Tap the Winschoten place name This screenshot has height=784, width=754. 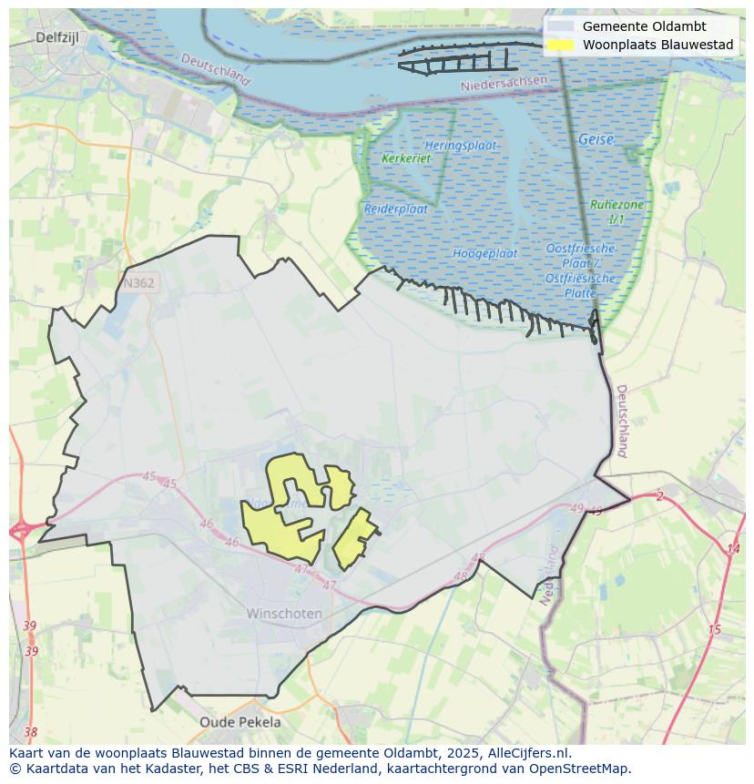tap(284, 614)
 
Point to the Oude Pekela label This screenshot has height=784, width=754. tap(240, 722)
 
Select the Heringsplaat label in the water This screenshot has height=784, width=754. tap(461, 145)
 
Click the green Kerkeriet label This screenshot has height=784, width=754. tap(406, 158)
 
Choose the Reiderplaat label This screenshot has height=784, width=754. tap(396, 209)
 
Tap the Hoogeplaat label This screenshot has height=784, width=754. tap(485, 253)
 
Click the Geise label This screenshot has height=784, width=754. tap(596, 139)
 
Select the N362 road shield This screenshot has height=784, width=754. tap(138, 283)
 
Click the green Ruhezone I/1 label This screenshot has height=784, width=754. tap(616, 212)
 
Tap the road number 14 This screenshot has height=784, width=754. tap(733, 549)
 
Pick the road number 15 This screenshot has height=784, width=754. tap(714, 630)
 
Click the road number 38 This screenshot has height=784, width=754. tap(31, 732)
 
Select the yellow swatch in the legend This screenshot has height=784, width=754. tap(561, 45)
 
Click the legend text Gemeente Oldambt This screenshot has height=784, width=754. tap(644, 26)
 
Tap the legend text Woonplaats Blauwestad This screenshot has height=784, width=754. tap(657, 45)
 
